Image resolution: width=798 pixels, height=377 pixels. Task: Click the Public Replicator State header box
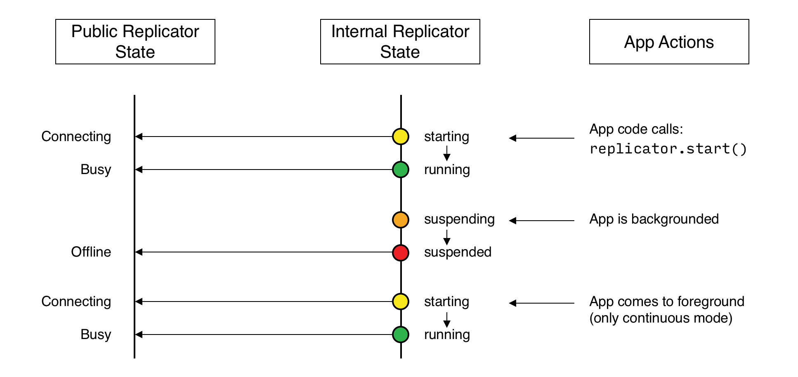135,42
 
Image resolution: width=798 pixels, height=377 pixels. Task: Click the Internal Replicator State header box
400,42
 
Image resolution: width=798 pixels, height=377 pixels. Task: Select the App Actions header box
669,42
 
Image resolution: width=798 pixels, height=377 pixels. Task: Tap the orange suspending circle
400,220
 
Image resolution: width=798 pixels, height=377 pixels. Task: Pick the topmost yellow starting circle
400,137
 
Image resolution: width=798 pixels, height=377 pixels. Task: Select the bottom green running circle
400,335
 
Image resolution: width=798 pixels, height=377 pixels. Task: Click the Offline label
91,252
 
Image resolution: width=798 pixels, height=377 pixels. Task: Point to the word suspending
459,219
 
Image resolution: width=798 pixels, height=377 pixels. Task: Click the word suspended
457,252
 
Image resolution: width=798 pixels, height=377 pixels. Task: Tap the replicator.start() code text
668,149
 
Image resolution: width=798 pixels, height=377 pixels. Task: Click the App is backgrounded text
654,219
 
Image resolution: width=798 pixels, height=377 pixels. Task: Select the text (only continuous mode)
661,318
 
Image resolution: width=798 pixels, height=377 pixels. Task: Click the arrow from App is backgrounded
541,221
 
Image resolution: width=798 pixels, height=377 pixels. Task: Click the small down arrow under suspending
446,237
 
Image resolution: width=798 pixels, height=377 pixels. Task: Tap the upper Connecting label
76,137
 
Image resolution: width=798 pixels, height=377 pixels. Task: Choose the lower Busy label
96,335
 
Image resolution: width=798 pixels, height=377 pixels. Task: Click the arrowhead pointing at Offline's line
139,252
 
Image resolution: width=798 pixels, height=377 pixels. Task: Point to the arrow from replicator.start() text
541,138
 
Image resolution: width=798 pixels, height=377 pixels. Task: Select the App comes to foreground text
666,302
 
